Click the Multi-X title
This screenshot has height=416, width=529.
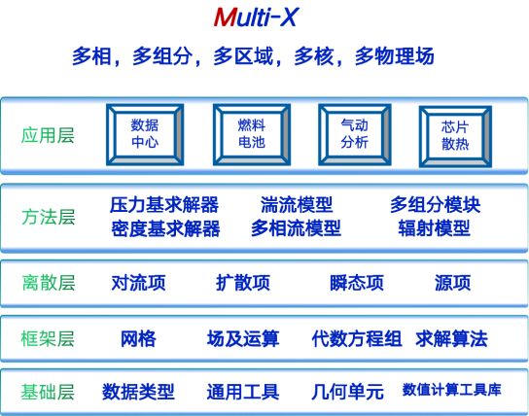click(x=256, y=17)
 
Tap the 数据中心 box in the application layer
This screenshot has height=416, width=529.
click(x=145, y=134)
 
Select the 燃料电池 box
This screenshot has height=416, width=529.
click(x=252, y=134)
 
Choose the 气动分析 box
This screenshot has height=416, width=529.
click(x=355, y=134)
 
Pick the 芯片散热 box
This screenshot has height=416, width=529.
click(x=455, y=136)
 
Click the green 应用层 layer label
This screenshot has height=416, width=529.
click(x=48, y=135)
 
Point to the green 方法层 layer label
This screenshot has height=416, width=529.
click(x=49, y=217)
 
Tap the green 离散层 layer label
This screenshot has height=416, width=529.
click(x=49, y=283)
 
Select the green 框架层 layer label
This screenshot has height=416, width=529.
click(x=48, y=338)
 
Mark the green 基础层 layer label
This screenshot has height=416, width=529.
click(x=48, y=392)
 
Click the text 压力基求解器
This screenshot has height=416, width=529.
click(x=164, y=205)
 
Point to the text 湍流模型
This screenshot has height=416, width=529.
click(x=297, y=205)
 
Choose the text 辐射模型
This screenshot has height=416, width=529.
click(x=435, y=228)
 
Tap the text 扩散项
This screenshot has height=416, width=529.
click(x=243, y=283)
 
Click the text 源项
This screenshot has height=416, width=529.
click(x=452, y=283)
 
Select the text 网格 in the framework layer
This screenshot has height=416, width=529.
click(x=138, y=339)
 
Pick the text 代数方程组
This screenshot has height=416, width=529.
click(x=357, y=339)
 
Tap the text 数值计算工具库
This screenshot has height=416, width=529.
click(x=452, y=390)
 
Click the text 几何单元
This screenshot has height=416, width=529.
click(x=347, y=392)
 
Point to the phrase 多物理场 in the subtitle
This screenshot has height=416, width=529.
click(x=395, y=56)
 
